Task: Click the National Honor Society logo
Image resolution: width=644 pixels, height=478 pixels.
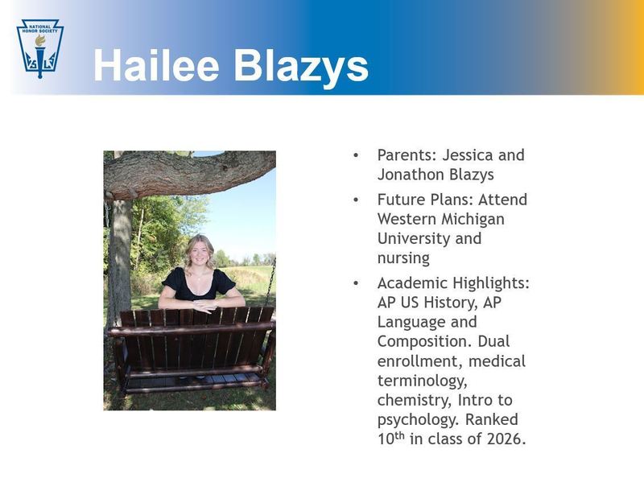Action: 39,47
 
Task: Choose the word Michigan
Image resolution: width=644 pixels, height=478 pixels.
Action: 472,219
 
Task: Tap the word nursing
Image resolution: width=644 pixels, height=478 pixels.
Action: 403,259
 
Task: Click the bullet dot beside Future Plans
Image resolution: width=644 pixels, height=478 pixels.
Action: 356,199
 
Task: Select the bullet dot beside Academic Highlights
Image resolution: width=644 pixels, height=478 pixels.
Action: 356,282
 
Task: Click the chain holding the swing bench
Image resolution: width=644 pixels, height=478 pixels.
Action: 270,282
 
